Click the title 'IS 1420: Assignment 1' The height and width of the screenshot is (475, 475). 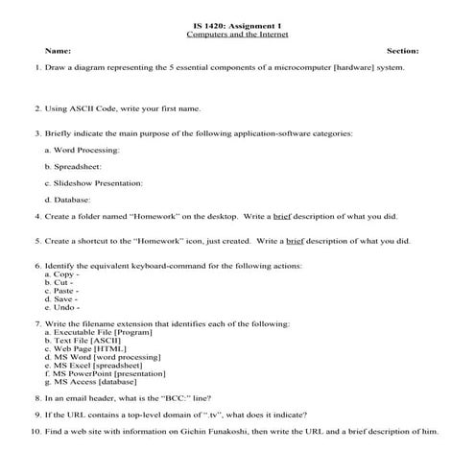point(237,22)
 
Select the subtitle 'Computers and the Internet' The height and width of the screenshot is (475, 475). point(237,33)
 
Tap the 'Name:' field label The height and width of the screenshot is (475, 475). point(58,50)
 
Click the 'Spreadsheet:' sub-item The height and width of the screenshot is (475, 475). point(74,166)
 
